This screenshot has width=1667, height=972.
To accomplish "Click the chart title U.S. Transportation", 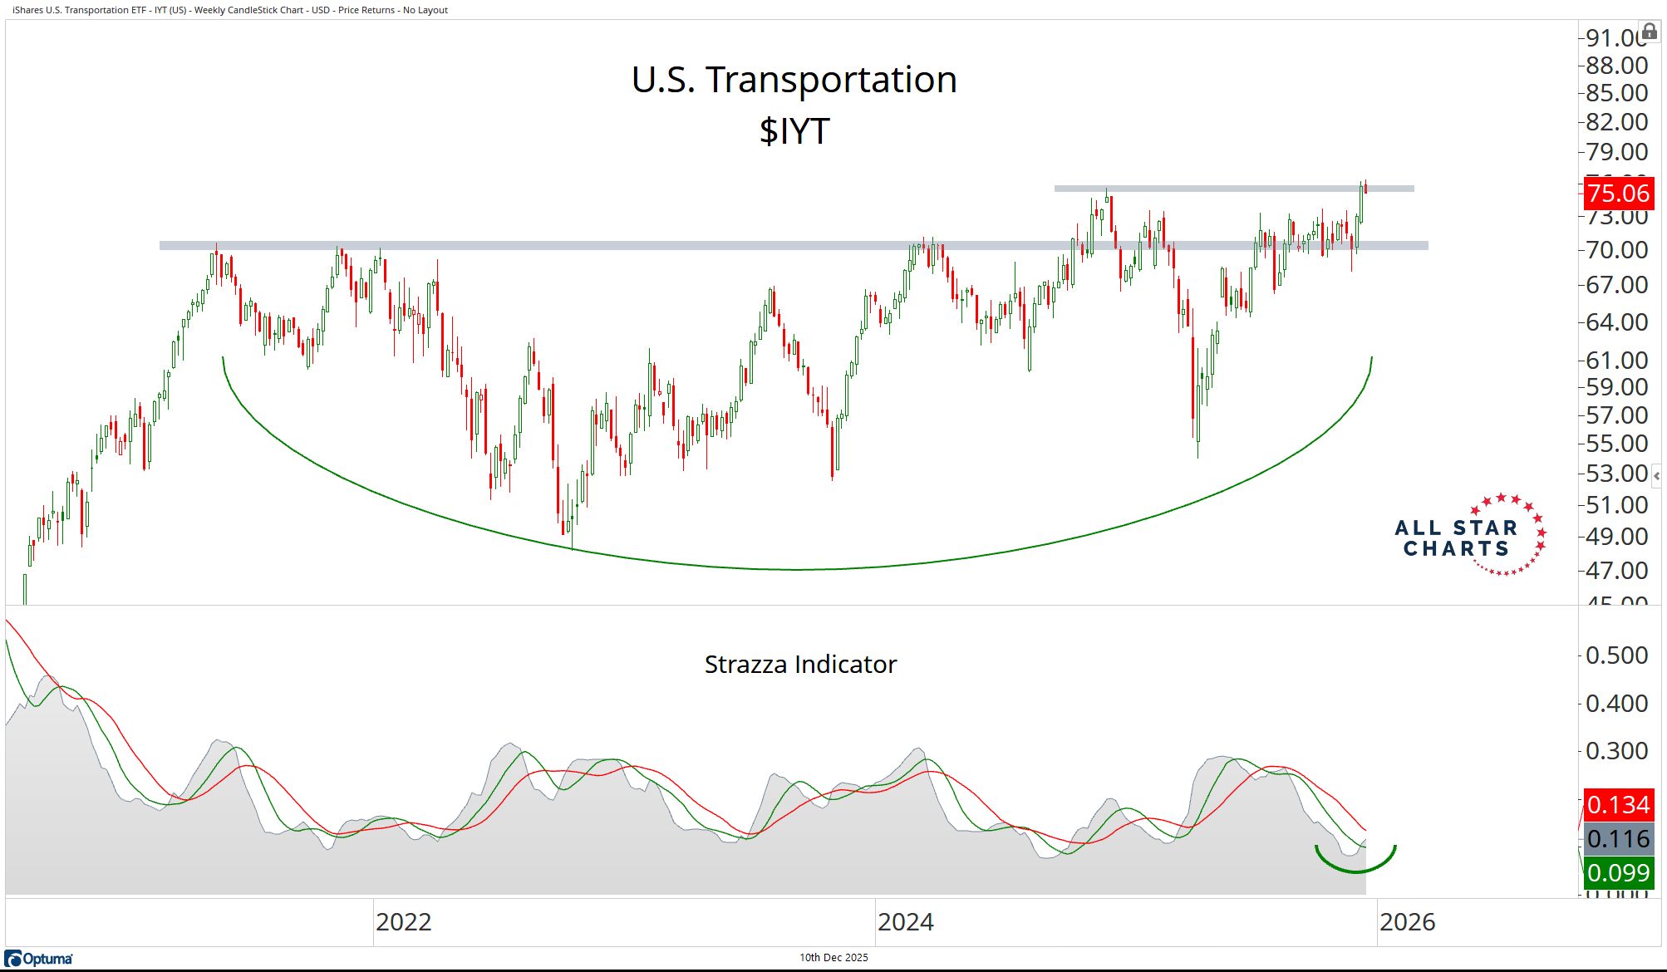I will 794,80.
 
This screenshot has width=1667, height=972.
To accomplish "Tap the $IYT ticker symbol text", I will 794,131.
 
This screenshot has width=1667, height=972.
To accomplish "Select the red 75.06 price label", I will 1618,194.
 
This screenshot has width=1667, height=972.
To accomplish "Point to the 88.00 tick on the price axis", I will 1616,66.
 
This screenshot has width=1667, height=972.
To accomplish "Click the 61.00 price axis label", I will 1616,361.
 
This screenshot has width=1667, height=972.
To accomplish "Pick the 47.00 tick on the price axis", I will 1616,571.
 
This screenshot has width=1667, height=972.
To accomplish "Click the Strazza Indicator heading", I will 800,665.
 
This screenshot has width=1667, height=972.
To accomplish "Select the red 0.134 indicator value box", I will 1618,805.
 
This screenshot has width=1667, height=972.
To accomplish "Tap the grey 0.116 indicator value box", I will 1618,839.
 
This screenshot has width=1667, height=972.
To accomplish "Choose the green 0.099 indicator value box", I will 1618,873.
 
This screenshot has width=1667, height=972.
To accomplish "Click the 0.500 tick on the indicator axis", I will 1616,655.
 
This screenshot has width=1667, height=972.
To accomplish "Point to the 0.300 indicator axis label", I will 1616,751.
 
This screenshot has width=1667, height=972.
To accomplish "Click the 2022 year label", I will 404,922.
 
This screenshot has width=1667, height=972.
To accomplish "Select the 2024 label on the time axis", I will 906,922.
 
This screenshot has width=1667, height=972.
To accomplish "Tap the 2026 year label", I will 1408,922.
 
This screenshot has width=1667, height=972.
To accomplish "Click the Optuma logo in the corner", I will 39,959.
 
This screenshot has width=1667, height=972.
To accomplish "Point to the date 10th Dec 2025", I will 833,958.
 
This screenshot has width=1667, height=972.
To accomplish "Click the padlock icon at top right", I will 1650,32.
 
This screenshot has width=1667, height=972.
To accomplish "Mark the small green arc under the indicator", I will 1355,869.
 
